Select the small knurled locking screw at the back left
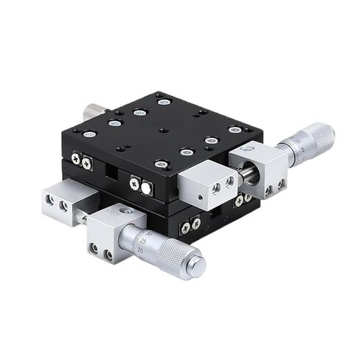tap(92, 110)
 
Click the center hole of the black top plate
tap(162, 130)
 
